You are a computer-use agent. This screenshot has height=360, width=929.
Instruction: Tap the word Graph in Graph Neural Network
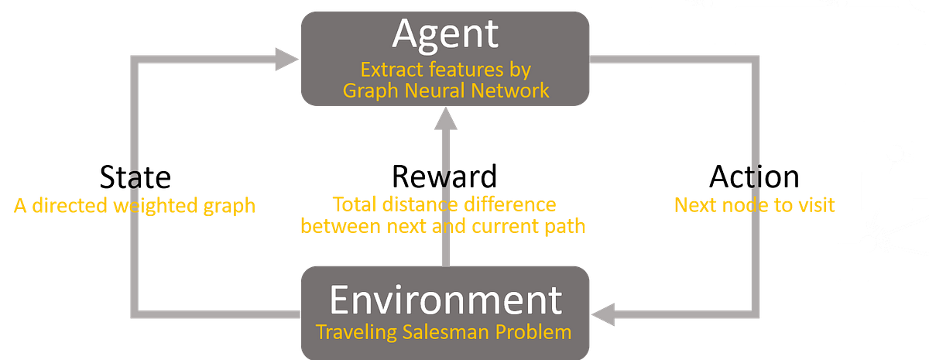click(370, 91)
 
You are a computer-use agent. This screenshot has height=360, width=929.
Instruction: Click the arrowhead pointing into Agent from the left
click(286, 59)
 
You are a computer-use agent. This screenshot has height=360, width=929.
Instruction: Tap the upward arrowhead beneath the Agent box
click(445, 121)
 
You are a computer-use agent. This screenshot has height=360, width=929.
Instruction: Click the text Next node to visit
click(755, 206)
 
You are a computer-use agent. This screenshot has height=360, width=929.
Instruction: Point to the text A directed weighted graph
click(133, 206)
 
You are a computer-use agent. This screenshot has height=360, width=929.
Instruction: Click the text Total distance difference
click(444, 204)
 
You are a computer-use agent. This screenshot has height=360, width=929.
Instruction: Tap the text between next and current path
click(444, 226)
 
